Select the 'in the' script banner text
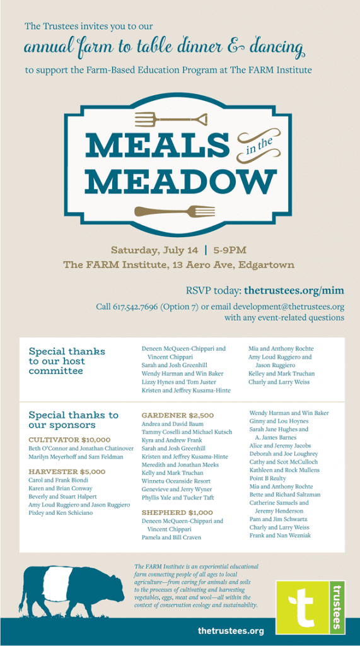click(x=258, y=143)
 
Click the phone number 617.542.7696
click(x=136, y=307)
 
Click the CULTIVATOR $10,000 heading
click(x=69, y=439)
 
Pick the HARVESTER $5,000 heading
click(x=67, y=471)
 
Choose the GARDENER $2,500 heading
click(x=177, y=416)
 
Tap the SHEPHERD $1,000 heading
click(x=177, y=513)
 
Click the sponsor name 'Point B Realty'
click(x=268, y=479)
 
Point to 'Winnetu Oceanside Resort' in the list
click(x=176, y=481)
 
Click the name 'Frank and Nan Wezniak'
click(x=280, y=536)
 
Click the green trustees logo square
click(x=310, y=608)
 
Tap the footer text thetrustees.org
click(x=230, y=631)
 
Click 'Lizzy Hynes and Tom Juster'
click(x=178, y=382)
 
